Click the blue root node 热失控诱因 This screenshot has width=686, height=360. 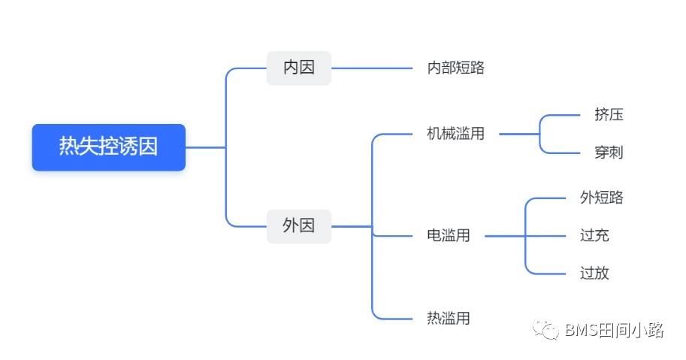[108, 147]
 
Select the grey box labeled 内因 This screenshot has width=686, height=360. [298, 68]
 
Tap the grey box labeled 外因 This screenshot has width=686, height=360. [298, 225]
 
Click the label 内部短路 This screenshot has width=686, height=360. [455, 68]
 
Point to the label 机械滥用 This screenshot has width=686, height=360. [455, 134]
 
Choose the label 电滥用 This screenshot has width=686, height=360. [449, 235]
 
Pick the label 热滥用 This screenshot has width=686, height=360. [449, 318]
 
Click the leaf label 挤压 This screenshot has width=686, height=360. [609, 115]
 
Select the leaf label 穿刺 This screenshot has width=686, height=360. [609, 153]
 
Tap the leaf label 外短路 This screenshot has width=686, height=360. [602, 198]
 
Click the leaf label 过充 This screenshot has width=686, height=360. [594, 235]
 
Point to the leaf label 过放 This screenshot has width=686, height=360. [594, 273]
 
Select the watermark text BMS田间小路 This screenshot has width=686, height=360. [614, 330]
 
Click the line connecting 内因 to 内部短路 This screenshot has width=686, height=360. [372, 68]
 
